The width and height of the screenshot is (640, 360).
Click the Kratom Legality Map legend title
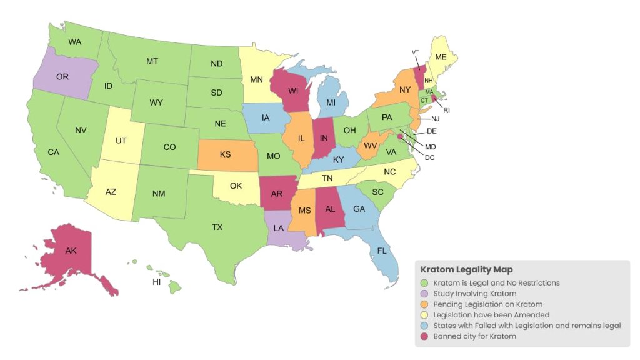[x=466, y=270]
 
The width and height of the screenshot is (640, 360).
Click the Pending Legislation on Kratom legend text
[x=487, y=304]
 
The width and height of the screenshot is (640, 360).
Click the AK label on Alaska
[x=71, y=251]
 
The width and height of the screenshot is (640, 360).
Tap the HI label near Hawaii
[x=157, y=282]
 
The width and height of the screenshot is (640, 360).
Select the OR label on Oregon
[x=62, y=77]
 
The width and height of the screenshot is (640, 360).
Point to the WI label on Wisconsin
[x=292, y=91]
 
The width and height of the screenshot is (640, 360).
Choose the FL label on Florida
[x=381, y=251]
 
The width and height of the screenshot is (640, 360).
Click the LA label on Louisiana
[x=279, y=228]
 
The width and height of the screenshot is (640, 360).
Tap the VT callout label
[x=416, y=52]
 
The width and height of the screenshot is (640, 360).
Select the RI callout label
[x=447, y=110]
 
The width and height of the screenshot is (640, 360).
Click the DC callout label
[x=429, y=157]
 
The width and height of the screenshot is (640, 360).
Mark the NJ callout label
[x=436, y=118]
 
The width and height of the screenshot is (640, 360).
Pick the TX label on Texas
[x=217, y=227]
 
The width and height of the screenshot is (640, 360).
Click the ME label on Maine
[x=441, y=57]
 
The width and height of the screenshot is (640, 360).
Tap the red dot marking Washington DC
[x=400, y=137]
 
